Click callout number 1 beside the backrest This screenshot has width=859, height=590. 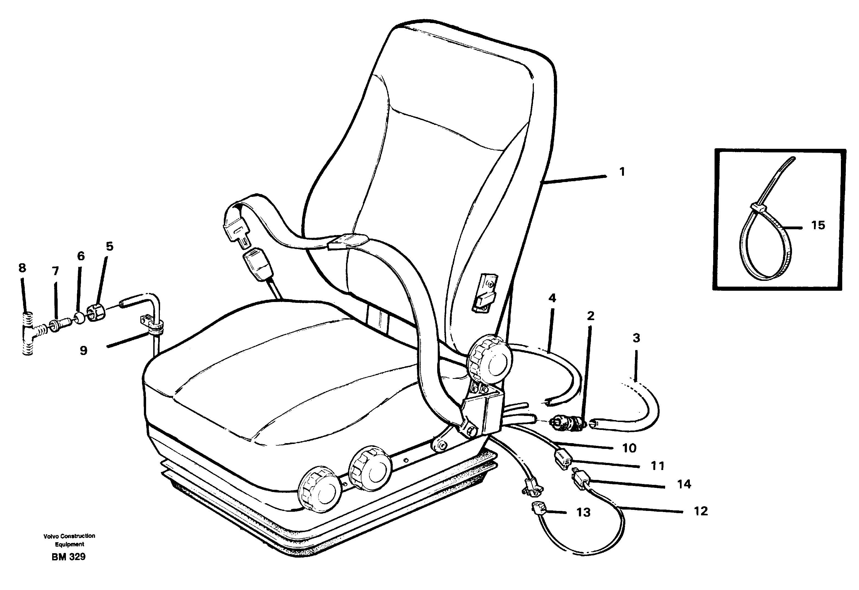click(622, 172)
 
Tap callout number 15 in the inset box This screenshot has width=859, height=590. click(818, 225)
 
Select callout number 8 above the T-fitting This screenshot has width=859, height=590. click(22, 268)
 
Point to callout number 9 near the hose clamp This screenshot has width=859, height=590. click(83, 350)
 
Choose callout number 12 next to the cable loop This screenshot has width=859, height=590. click(701, 511)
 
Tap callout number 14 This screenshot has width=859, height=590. click(684, 484)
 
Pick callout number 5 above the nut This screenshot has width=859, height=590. click(110, 246)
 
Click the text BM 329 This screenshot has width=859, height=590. click(69, 557)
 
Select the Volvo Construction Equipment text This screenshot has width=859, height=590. click(69, 540)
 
